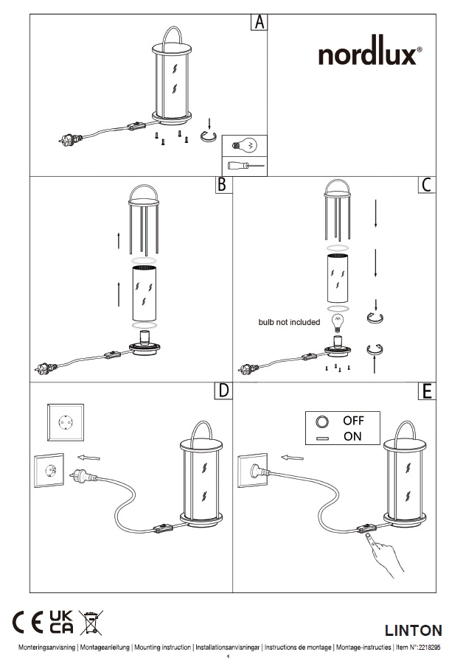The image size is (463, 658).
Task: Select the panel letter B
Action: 220,185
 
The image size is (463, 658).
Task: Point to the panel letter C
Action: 425,185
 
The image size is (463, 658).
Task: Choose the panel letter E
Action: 425,390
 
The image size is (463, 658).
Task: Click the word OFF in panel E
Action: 353,421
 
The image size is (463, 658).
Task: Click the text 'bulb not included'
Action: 289,322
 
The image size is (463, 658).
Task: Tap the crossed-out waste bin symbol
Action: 92,623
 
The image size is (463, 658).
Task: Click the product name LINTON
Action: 414,630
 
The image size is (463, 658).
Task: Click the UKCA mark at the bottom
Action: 61,623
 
